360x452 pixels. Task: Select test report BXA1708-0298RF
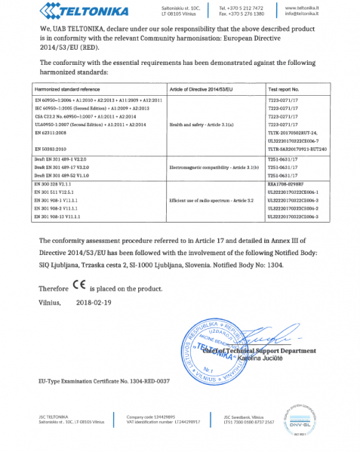tap(285, 184)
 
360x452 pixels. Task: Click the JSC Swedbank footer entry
tap(242, 417)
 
